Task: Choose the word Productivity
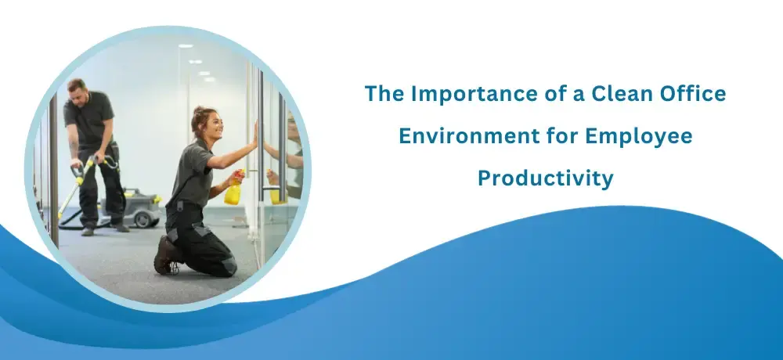545,178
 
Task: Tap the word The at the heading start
384,93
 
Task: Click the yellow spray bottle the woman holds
233,189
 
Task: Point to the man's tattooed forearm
74,150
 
